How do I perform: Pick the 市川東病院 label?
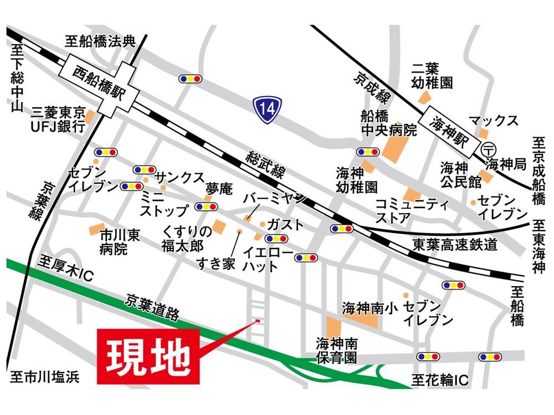(x=120, y=242)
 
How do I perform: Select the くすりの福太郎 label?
(x=187, y=238)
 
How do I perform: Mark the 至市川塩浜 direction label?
(x=44, y=377)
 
